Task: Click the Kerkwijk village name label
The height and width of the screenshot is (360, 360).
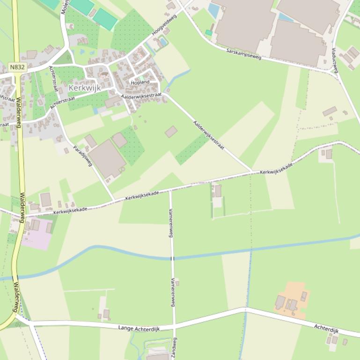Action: point(85,88)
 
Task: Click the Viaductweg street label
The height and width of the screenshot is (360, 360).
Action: point(334,60)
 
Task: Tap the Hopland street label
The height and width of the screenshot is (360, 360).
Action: point(140,82)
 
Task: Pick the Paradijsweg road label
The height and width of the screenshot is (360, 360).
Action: point(83,156)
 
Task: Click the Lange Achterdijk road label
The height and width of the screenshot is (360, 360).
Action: point(139,329)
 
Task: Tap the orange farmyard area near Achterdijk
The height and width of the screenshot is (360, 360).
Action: point(293,299)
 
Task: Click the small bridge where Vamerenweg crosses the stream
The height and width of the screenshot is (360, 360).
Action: point(172,258)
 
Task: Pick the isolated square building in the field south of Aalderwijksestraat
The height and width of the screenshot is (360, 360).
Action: point(171,131)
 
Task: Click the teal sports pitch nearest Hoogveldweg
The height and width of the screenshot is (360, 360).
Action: point(105,19)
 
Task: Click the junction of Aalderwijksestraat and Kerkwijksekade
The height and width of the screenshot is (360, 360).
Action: point(253,172)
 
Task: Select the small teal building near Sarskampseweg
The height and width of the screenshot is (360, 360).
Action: point(208,32)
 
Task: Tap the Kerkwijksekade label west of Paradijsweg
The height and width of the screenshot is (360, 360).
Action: point(70,210)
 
